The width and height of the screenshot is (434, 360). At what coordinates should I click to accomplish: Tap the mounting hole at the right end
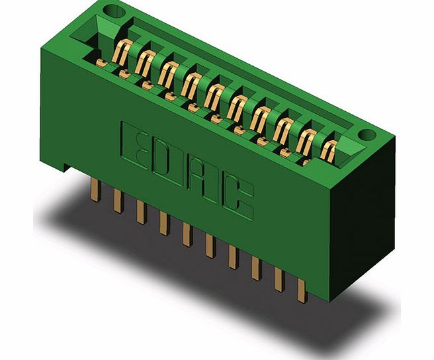(366, 135)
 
